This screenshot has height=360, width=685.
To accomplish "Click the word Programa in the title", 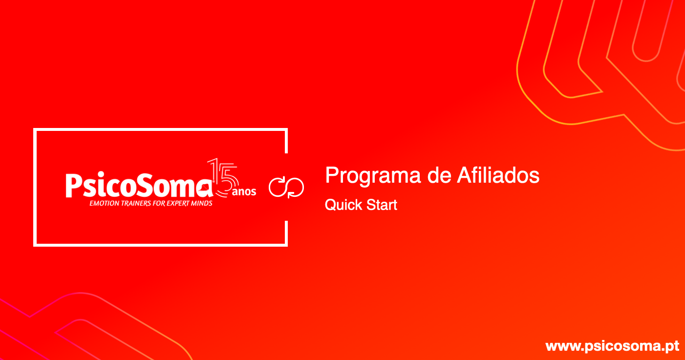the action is point(373,176).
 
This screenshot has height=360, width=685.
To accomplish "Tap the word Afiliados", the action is point(498,175).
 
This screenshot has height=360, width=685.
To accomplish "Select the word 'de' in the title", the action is point(439,175).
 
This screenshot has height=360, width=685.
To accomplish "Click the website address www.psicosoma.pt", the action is point(612,346).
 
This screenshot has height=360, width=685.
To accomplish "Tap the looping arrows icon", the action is point(286,188).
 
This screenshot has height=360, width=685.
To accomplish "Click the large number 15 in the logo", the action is point(223,177).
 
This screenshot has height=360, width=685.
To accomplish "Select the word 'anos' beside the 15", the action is point(244,191).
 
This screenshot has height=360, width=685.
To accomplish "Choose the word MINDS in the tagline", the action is point(202,204).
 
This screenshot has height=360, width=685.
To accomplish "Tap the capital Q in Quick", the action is point(331,205).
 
